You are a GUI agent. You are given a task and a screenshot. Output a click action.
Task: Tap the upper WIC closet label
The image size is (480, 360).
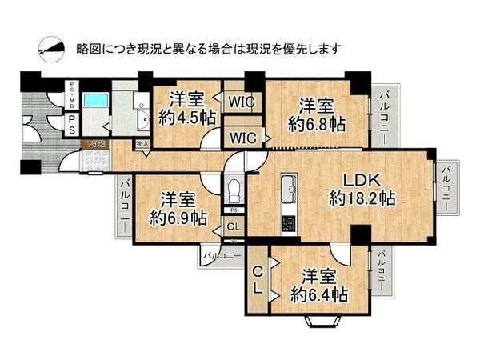[241, 102]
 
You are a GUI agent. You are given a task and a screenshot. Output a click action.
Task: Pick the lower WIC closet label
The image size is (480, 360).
[241, 137]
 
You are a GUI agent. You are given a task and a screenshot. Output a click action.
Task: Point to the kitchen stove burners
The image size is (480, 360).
[287, 220]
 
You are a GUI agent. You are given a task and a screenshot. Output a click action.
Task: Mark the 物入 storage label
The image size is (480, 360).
[142, 144]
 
